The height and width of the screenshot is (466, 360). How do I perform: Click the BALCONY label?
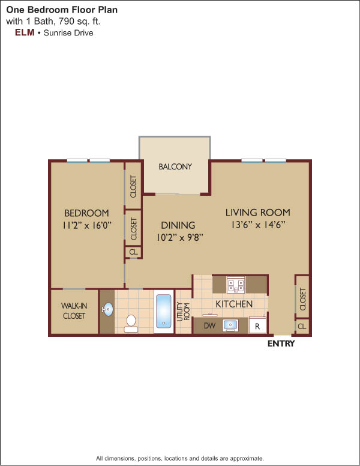(x=175, y=166)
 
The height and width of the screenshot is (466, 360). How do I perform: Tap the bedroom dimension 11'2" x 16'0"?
(x=87, y=225)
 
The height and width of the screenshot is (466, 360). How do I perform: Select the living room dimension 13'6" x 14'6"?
(x=258, y=225)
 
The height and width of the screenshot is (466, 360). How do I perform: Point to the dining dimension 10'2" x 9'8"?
(x=180, y=237)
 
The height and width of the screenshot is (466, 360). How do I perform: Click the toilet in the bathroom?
(x=131, y=323)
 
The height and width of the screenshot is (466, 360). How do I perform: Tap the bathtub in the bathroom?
(x=164, y=311)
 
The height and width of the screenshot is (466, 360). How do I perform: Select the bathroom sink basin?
(x=108, y=309)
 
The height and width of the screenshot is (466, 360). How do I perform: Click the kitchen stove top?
(x=236, y=285)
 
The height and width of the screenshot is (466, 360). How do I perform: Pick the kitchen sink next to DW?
(x=230, y=325)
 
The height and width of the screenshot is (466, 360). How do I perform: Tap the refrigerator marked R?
(x=257, y=325)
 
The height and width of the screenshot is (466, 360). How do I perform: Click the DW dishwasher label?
(x=209, y=325)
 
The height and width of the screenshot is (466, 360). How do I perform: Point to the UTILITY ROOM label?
(x=183, y=311)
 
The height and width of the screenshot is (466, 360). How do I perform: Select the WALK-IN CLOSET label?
(x=74, y=310)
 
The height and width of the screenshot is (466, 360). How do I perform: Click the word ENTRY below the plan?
(x=281, y=343)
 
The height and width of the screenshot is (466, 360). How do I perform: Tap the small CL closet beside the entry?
(x=302, y=326)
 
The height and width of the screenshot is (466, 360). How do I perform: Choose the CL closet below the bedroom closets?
(x=133, y=252)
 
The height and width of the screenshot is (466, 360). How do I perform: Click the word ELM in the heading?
(x=25, y=32)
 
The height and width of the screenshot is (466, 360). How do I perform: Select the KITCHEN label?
(x=234, y=304)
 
